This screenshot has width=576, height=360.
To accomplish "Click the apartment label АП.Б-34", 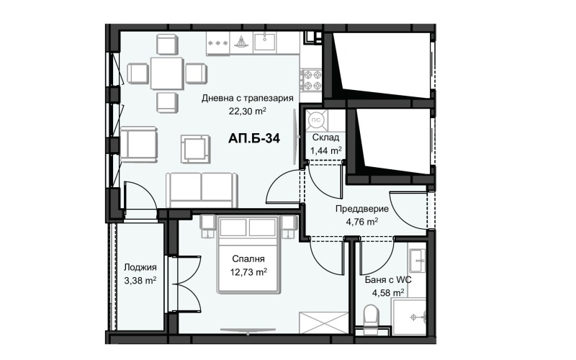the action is (x=254, y=138).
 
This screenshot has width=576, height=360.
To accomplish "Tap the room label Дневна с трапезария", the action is (x=247, y=98).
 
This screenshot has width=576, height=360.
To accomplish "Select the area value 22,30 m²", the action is (x=247, y=111).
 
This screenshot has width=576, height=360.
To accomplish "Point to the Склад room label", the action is (x=325, y=138).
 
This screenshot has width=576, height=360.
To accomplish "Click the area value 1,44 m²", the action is (x=326, y=150).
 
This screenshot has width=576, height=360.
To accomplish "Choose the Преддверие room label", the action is (x=362, y=209).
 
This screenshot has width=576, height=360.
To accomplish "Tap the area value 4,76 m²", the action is (x=362, y=222).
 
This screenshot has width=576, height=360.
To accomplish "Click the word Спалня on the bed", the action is (x=248, y=259).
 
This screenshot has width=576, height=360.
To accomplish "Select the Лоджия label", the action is (x=140, y=267).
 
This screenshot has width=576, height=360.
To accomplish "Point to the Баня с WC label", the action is (x=388, y=280).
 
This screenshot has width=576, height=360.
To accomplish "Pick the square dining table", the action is (x=167, y=73).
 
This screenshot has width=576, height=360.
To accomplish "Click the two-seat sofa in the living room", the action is (x=202, y=190).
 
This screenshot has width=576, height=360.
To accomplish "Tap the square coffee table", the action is (x=195, y=149).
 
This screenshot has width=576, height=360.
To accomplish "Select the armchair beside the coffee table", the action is (x=138, y=144).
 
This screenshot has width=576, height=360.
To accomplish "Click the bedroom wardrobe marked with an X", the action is (x=323, y=323).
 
